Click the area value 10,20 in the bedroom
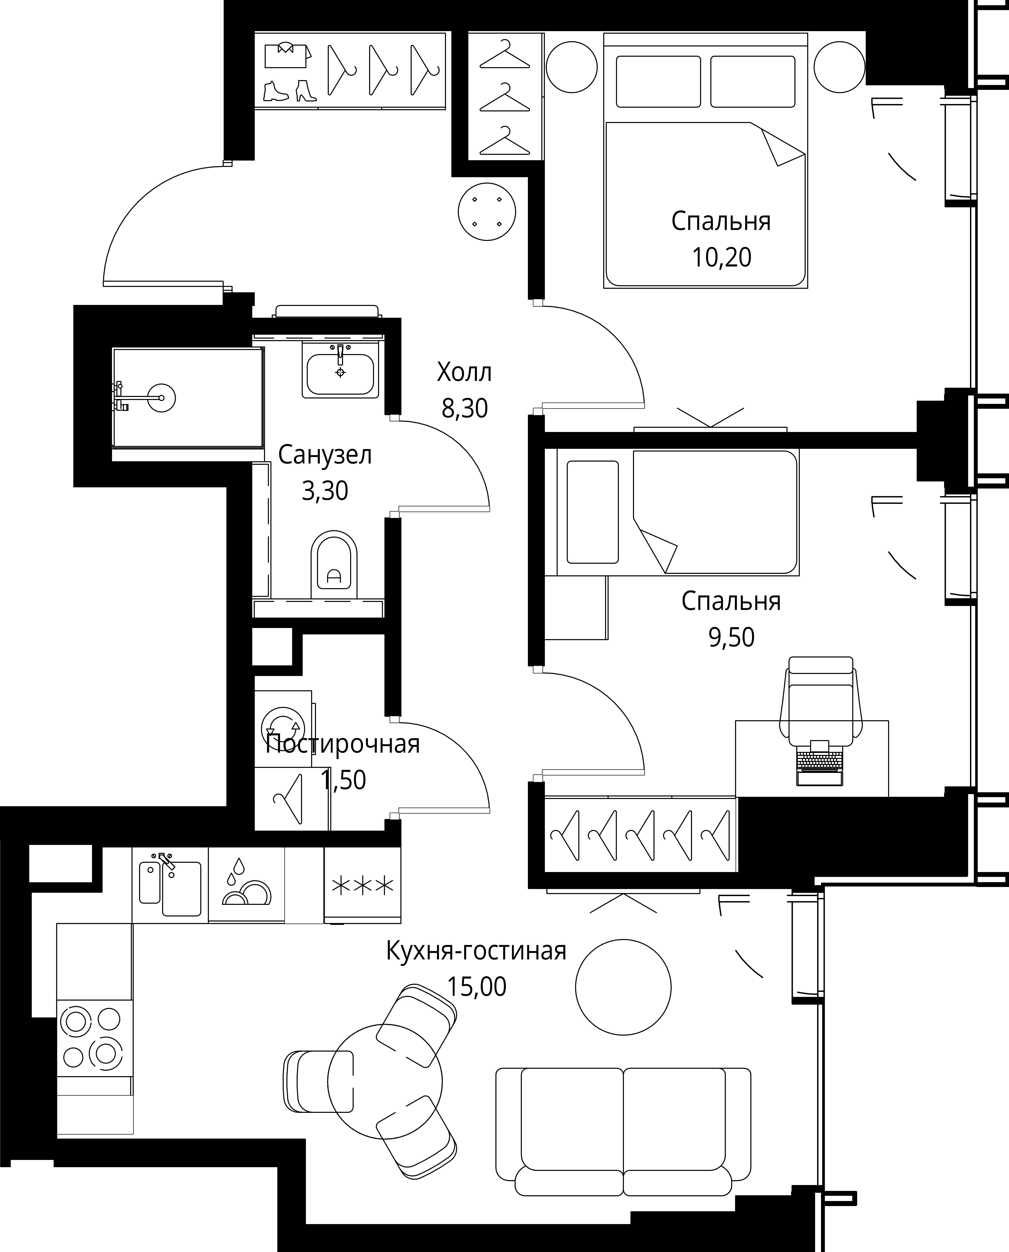point(721,257)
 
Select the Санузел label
point(325,455)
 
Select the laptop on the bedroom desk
point(819,763)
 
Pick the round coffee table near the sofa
point(623,987)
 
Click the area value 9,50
point(731,637)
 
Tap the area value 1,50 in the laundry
point(344,780)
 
